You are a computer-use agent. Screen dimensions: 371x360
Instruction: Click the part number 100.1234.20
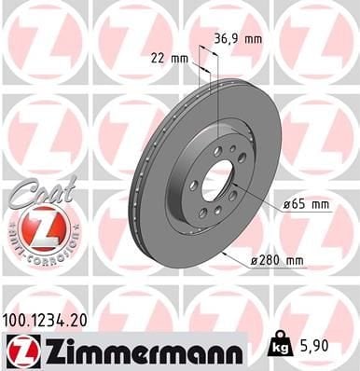tap(50, 321)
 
